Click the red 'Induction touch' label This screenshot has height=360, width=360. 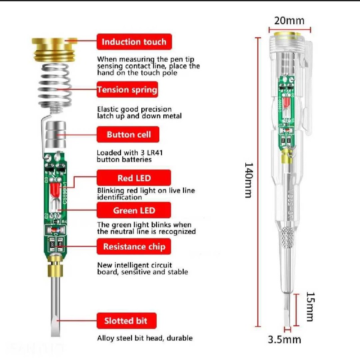134,42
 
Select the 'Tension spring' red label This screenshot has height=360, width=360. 127,90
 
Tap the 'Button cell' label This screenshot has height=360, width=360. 128,135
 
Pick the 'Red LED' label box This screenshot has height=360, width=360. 134,178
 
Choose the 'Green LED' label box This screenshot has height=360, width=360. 134,210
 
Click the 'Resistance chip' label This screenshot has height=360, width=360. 134,247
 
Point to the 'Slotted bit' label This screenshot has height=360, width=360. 128,321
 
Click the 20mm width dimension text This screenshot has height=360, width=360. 289,21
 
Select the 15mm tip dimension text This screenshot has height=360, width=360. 310,307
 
